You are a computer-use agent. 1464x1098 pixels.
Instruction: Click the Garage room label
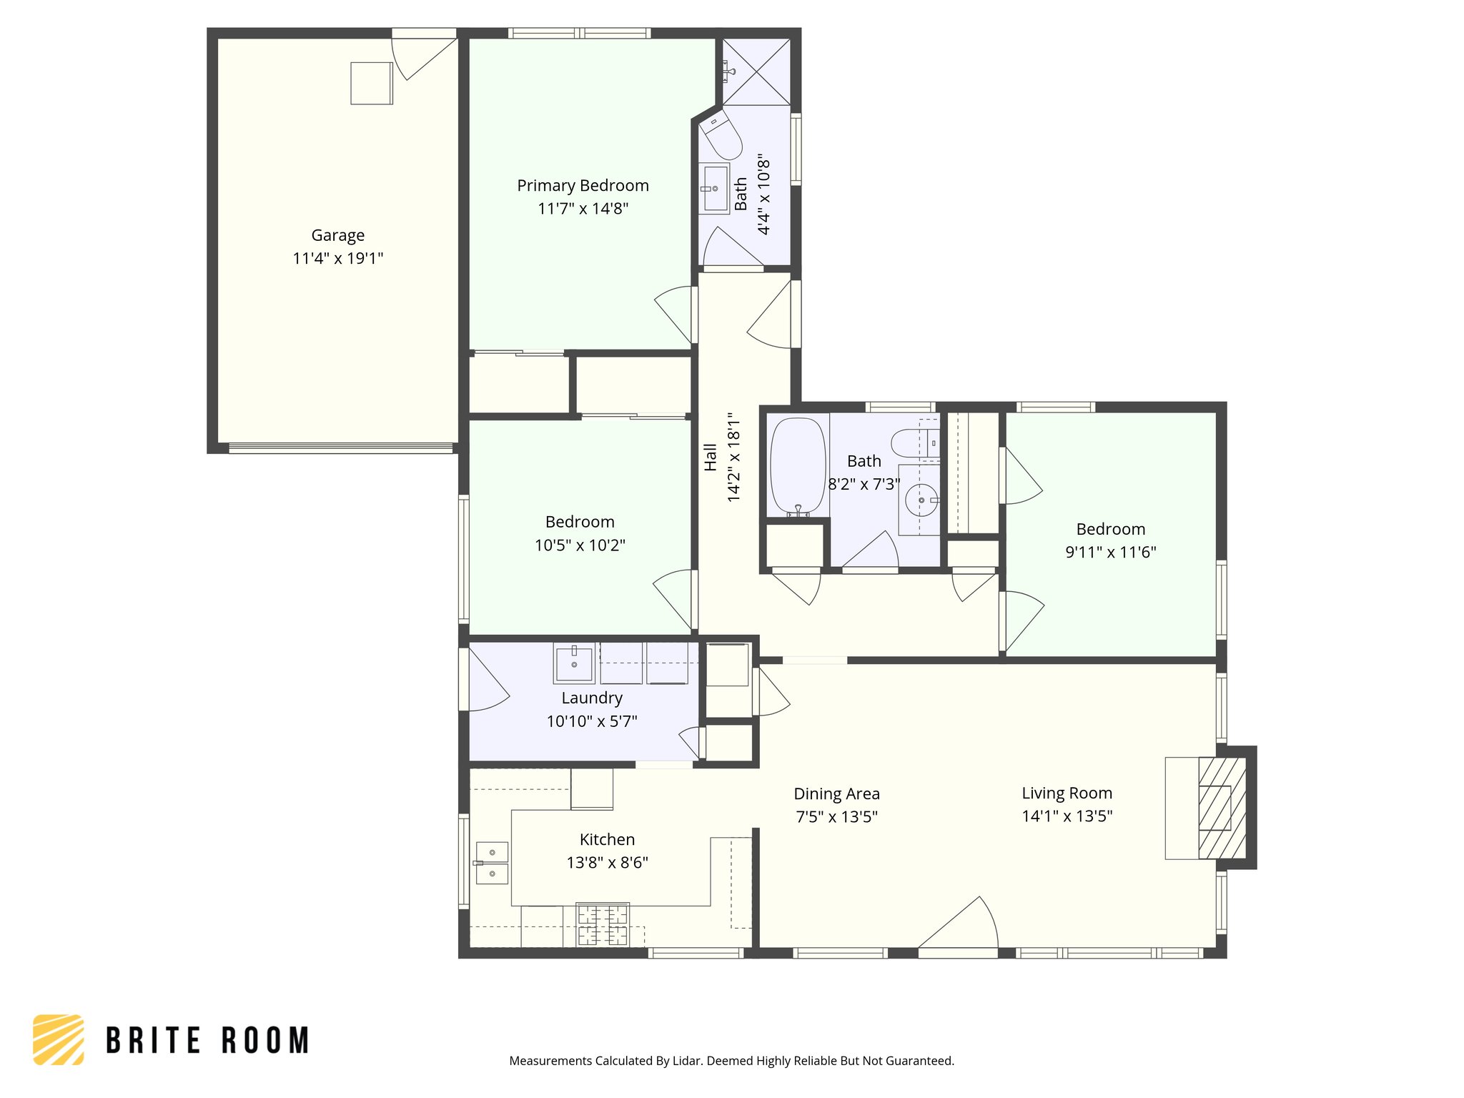click(x=337, y=235)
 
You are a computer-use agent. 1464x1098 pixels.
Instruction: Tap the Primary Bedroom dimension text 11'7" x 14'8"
click(x=583, y=209)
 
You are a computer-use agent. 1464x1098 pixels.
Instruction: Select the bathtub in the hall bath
click(x=798, y=466)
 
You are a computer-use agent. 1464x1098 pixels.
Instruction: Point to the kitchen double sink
click(x=492, y=863)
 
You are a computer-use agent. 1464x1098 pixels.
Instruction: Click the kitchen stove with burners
click(x=603, y=925)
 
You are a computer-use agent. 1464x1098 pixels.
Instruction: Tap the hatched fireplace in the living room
click(x=1222, y=808)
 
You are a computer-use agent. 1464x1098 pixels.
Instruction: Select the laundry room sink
click(x=574, y=663)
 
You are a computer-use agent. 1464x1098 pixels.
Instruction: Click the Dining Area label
click(x=836, y=793)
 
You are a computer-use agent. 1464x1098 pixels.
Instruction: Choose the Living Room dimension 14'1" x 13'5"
click(x=1067, y=816)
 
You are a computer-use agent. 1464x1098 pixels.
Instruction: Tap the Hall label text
click(x=711, y=457)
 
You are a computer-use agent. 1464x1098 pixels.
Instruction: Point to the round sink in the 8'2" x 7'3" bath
click(x=921, y=500)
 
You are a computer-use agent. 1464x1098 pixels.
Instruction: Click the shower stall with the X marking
click(x=756, y=72)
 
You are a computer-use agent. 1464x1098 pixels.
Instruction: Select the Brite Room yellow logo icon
click(x=59, y=1039)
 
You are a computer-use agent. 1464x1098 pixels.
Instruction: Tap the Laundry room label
click(x=591, y=698)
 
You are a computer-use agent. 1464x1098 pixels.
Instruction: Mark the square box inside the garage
click(x=371, y=84)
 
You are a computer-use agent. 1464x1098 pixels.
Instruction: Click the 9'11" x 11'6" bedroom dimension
click(x=1110, y=552)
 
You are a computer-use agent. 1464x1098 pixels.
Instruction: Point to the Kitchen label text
click(x=607, y=839)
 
